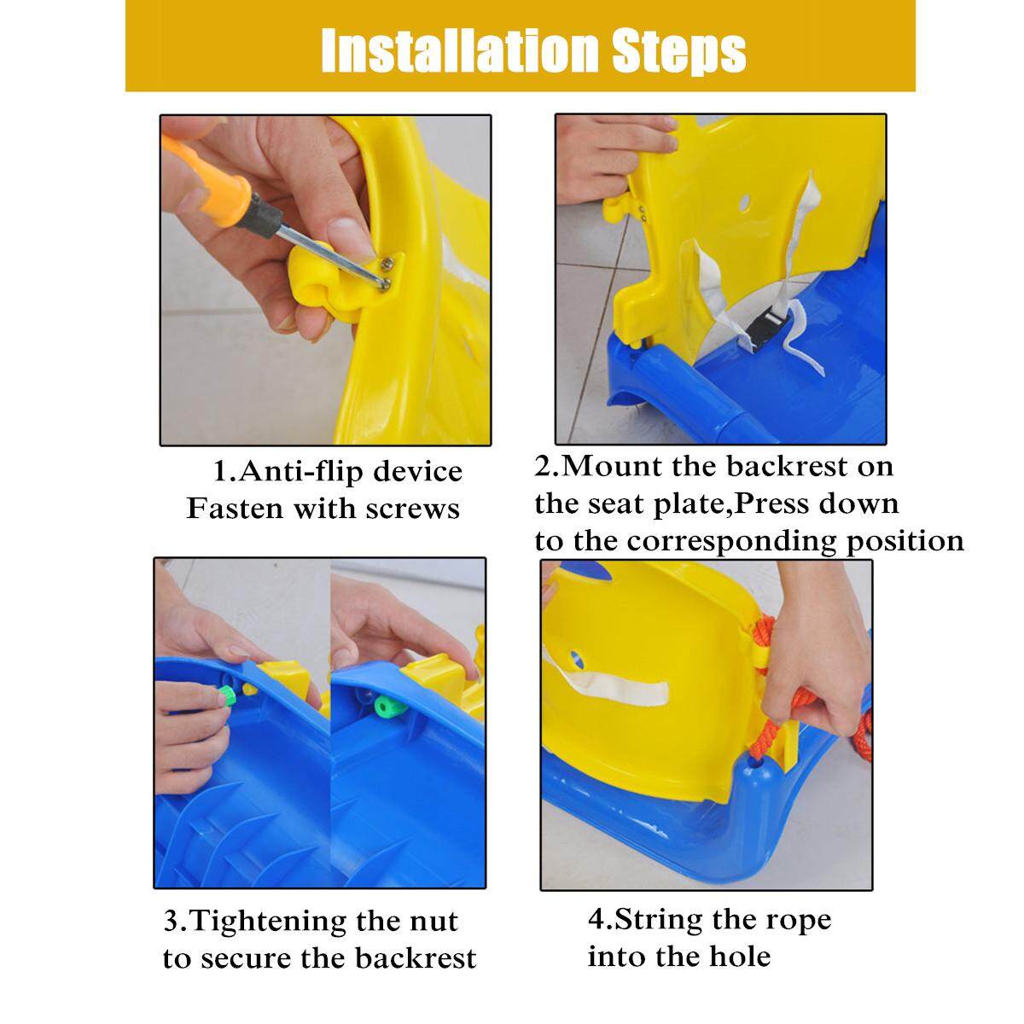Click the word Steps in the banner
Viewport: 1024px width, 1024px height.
click(x=679, y=52)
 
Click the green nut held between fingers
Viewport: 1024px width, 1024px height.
click(x=227, y=695)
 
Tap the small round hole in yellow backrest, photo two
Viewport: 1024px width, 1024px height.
click(x=745, y=202)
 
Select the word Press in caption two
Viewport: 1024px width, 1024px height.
click(x=771, y=503)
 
